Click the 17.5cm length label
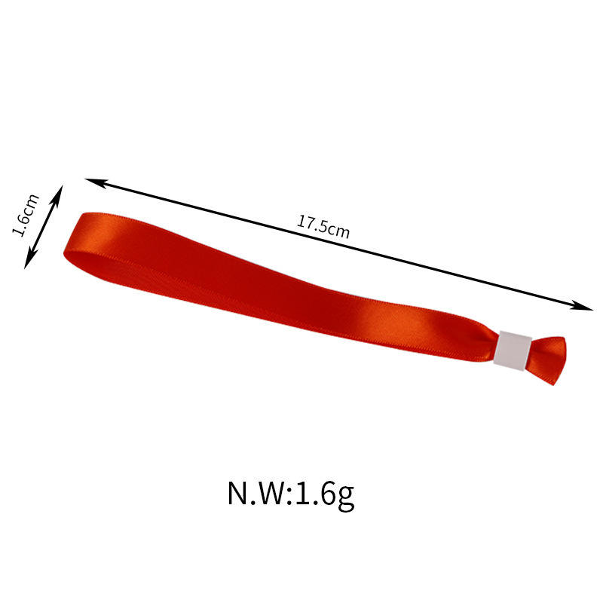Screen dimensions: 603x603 coord(323,227)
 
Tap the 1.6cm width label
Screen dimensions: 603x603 coord(26,215)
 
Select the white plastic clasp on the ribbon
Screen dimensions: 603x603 coord(513,350)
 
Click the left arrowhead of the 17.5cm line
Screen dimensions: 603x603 coord(95,182)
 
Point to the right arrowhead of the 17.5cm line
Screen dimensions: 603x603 coord(582,305)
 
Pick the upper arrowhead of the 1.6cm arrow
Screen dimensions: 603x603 coord(57,195)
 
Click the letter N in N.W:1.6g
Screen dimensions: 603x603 coord(238,493)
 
